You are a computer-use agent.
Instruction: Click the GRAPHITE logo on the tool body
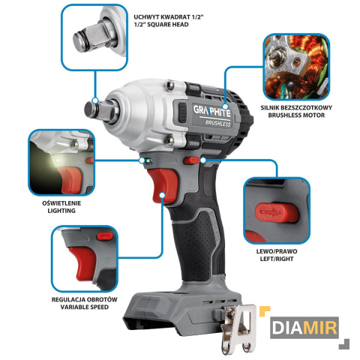pos(211,111)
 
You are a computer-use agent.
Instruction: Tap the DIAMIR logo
pos(304,328)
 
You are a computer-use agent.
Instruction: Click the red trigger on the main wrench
pos(162,185)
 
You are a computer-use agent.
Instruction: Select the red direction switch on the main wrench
pos(191,160)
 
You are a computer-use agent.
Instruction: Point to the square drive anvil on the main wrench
pos(100,111)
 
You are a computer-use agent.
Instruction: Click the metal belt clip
pos(238,328)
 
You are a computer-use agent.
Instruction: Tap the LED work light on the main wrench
pos(148,161)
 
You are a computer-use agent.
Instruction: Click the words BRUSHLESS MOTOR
pos(296,115)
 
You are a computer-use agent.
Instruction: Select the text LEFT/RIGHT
pos(277,259)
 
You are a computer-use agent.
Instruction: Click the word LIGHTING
pos(61,211)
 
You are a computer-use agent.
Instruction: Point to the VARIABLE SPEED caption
pos(85,307)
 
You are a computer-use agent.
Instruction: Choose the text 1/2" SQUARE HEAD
pos(161,25)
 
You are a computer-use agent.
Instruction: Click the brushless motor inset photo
pos(296,67)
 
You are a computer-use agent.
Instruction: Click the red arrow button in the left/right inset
pos(277,212)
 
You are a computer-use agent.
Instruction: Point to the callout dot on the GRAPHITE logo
pos(225,106)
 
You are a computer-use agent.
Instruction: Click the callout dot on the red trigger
pos(163,195)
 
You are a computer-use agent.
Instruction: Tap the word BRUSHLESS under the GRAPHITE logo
pos(217,123)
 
